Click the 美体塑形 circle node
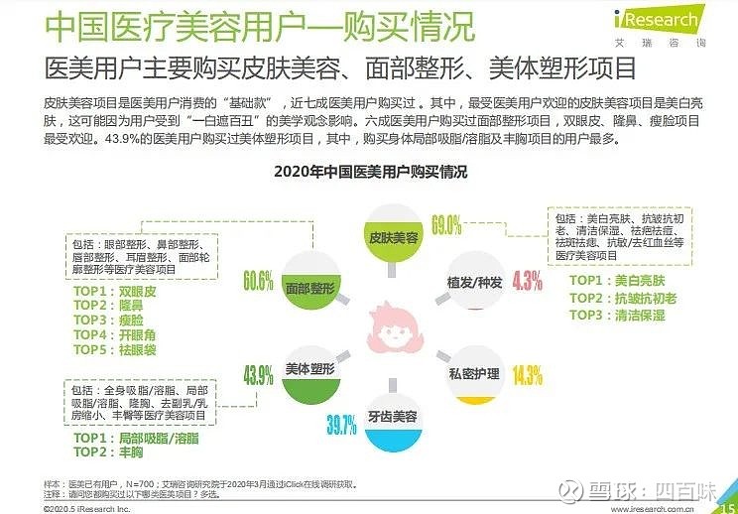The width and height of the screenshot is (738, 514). (308, 369)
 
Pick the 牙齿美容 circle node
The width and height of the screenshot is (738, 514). (392, 417)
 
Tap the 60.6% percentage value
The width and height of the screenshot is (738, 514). (257, 281)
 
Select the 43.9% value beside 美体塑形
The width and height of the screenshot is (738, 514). (257, 375)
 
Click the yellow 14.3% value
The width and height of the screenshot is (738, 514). (528, 375)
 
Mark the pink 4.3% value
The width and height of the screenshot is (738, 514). (528, 281)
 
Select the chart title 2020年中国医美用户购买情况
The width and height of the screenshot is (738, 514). (369, 172)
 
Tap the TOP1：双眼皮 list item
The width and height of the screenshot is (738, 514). (115, 293)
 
